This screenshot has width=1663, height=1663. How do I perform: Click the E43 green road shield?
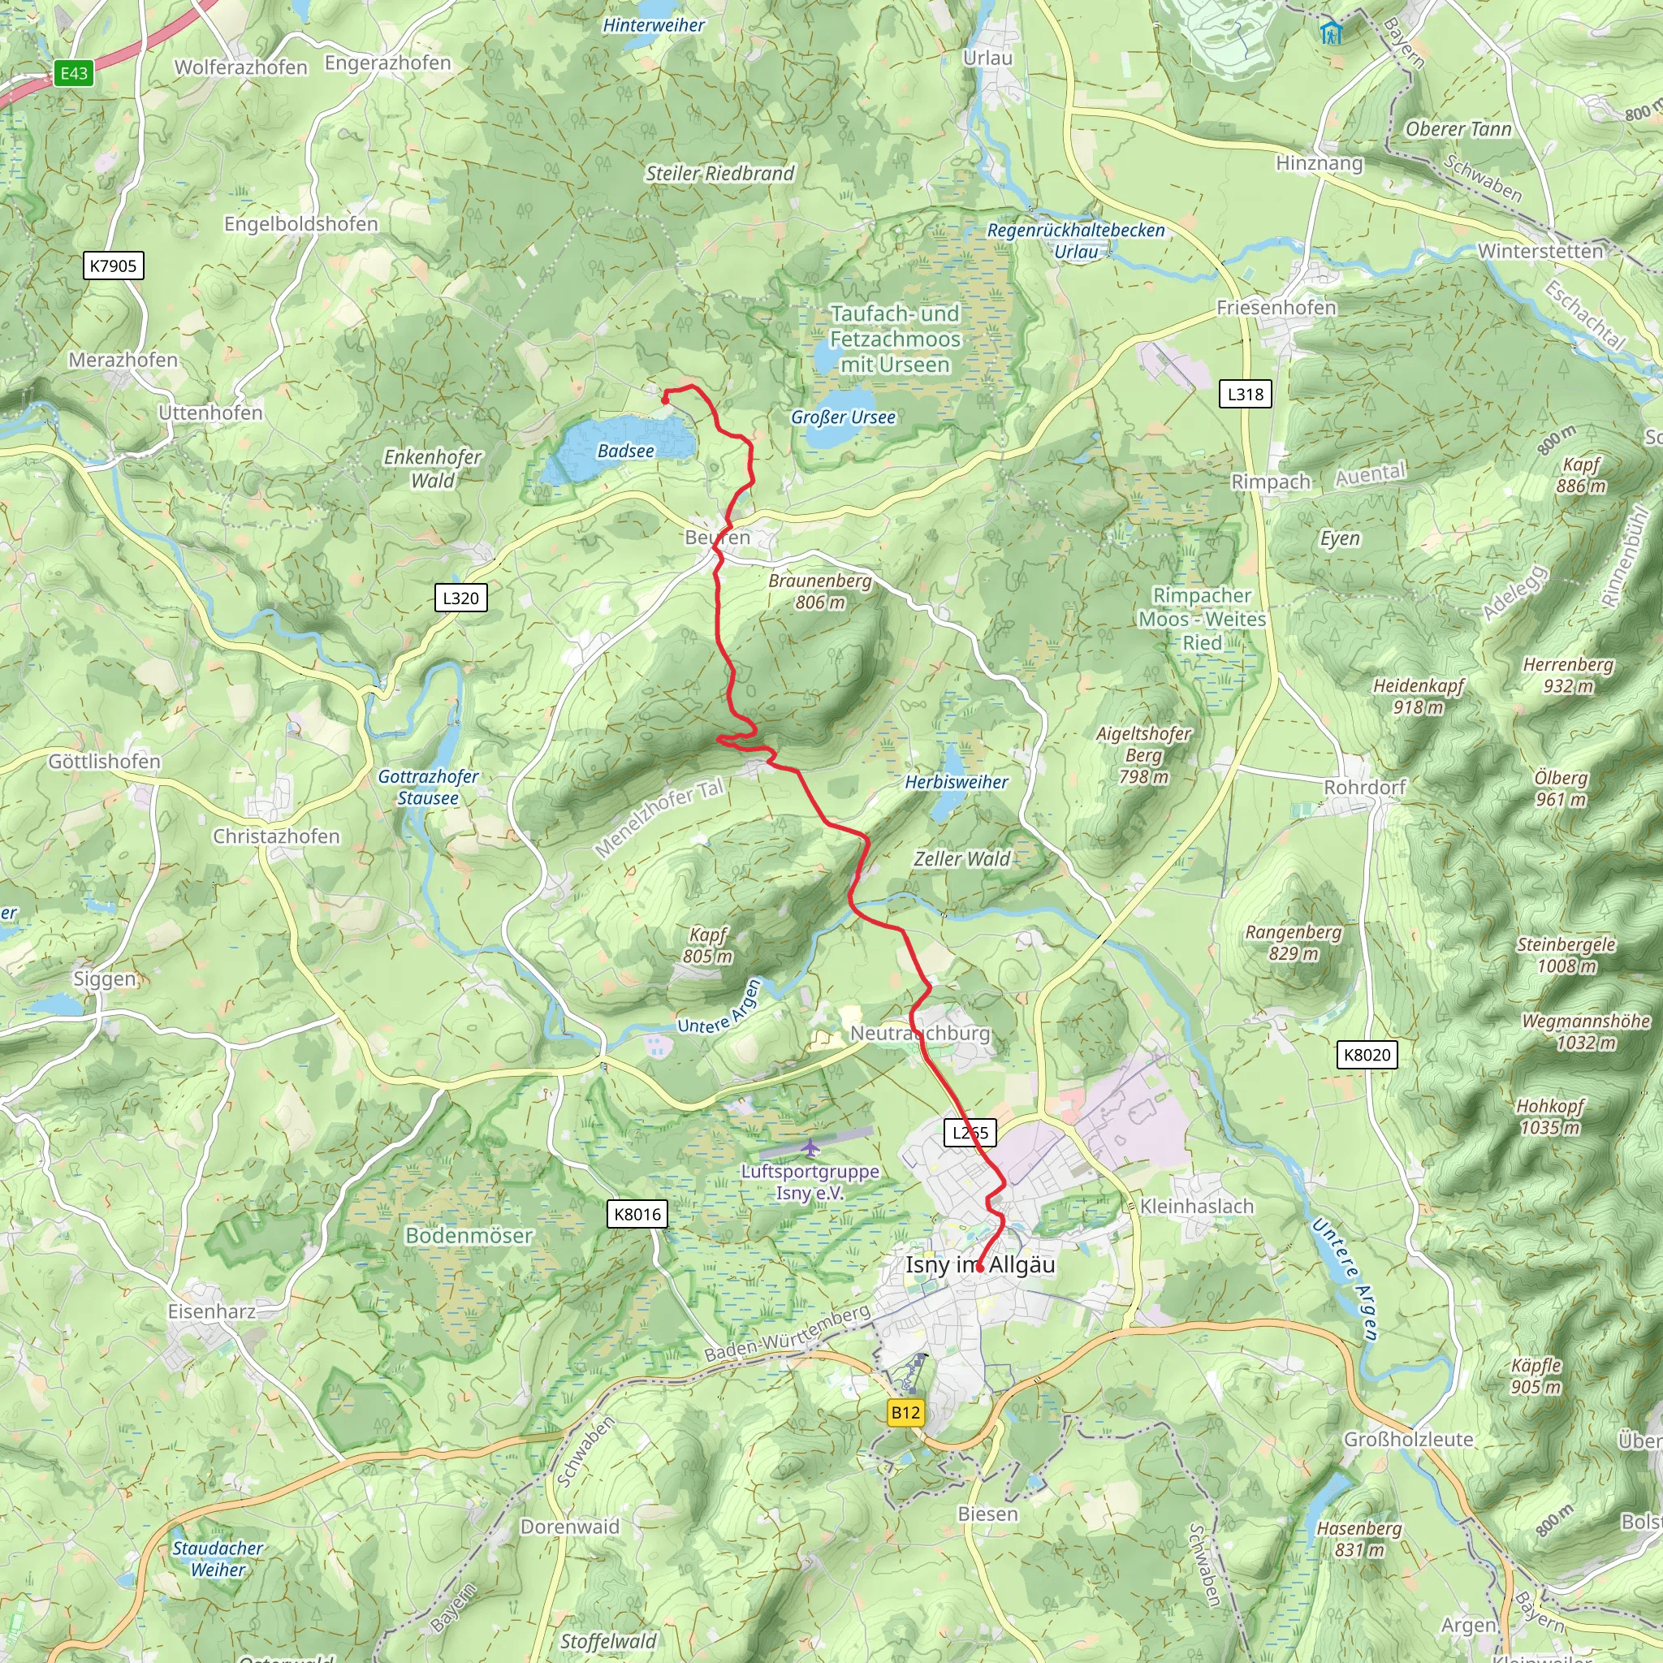74,73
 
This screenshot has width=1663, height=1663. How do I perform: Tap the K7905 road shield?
113,265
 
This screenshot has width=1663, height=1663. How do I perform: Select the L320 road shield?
460,598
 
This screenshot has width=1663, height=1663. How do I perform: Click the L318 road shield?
1245,394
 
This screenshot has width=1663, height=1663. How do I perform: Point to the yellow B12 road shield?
905,1413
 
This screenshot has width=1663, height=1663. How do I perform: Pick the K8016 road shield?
637,1215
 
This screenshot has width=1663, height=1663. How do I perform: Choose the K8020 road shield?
1366,1055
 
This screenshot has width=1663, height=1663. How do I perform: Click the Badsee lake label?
626,451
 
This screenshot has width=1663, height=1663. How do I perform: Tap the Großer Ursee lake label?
843,417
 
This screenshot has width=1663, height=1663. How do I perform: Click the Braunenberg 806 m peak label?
819,591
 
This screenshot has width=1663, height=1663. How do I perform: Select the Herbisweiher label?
956,783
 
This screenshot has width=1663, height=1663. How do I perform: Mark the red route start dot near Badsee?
665,400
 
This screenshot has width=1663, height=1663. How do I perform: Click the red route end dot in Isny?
979,1268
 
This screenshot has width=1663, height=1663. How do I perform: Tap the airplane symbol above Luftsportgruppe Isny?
810,1148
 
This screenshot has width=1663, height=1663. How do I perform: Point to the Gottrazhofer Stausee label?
428,787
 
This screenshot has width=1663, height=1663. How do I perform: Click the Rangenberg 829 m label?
1293,943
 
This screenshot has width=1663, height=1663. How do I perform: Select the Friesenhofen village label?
1276,307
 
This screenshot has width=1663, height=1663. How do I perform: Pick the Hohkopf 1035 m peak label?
1549,1117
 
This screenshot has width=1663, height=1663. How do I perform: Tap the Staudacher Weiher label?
218,1558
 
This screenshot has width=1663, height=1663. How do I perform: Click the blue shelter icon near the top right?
1331,32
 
